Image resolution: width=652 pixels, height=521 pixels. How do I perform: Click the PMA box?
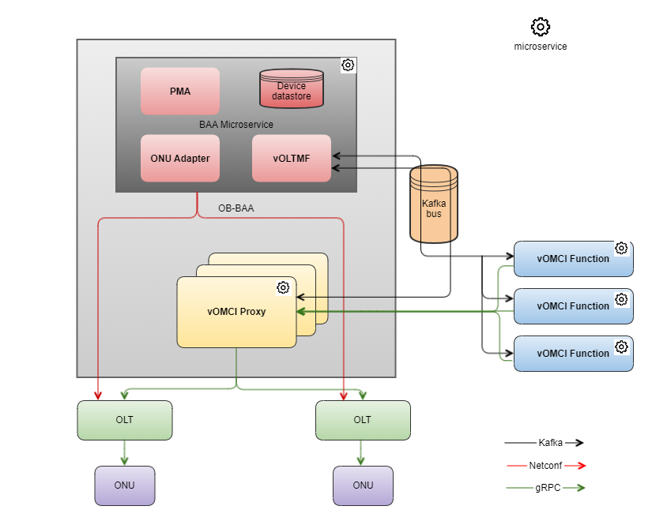tap(180, 91)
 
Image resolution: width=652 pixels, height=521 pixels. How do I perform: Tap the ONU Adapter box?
tap(180, 158)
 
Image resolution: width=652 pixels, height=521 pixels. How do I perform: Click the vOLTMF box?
tap(292, 158)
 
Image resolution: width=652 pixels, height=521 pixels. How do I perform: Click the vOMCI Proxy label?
tap(236, 312)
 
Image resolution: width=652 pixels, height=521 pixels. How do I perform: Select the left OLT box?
tap(125, 420)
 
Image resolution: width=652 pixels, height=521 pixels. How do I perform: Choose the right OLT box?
tap(363, 420)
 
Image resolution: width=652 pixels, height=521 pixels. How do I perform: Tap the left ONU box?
tap(125, 485)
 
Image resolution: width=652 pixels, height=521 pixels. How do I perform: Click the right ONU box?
tap(363, 485)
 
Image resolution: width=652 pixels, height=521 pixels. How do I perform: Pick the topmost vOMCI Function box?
tap(573, 259)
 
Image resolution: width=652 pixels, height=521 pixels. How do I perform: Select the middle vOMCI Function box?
tap(573, 306)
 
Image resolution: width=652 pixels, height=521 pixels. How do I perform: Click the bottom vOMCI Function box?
tap(573, 354)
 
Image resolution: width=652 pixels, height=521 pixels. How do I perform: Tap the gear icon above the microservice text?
tap(541, 27)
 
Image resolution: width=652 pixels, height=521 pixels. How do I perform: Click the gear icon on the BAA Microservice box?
tap(349, 65)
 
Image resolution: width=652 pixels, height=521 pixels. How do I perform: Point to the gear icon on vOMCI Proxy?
tap(283, 287)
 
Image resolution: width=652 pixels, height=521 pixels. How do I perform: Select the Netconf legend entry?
tap(546, 466)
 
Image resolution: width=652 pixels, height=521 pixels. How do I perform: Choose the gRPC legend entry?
tap(546, 488)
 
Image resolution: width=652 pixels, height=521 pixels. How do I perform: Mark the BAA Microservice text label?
tap(236, 125)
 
